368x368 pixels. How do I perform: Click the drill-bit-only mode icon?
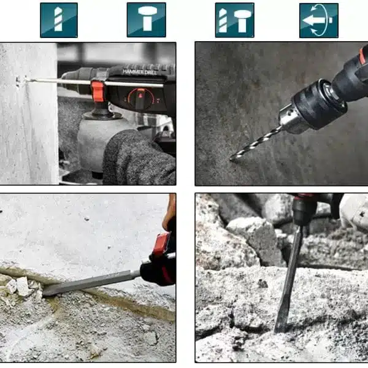tap(59, 20)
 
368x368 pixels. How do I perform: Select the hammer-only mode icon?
tap(147, 20)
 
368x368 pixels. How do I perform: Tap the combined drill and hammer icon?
tap(234, 20)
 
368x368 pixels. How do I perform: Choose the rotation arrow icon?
tap(319, 20)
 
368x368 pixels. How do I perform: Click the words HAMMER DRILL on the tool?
tap(139, 72)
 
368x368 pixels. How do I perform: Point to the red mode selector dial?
tap(140, 99)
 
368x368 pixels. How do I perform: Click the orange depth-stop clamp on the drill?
tap(98, 91)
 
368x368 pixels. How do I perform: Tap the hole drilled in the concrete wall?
tap(18, 81)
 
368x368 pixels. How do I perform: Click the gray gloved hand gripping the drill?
tap(139, 157)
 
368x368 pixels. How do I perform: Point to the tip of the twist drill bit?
tap(231, 159)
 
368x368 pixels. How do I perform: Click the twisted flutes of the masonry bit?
tap(256, 144)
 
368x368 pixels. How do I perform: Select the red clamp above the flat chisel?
tap(161, 243)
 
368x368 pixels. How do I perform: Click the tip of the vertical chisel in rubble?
tap(278, 331)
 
